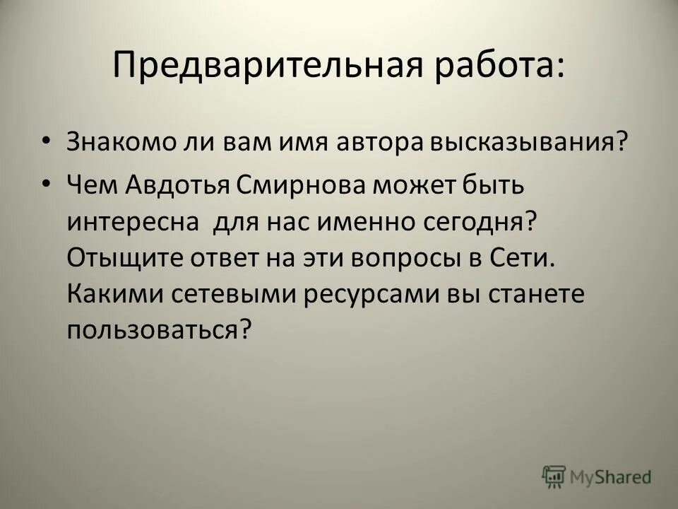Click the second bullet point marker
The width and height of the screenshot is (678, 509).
46,164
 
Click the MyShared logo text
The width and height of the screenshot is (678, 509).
611,478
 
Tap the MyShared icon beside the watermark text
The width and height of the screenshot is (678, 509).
554,476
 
